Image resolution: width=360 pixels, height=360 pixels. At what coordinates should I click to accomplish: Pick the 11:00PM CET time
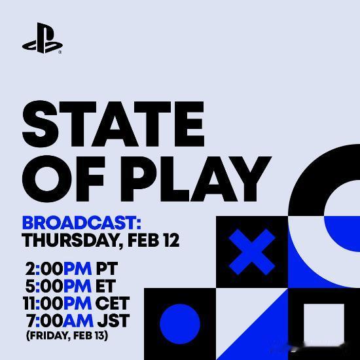(x=77, y=304)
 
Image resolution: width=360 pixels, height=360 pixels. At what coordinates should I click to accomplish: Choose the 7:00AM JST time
(x=78, y=321)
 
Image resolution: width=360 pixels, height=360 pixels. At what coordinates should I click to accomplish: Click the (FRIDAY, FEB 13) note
(x=67, y=336)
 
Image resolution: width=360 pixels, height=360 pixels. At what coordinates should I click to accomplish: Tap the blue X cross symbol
(x=252, y=252)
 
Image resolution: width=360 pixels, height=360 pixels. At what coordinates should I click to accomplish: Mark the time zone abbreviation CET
(x=113, y=304)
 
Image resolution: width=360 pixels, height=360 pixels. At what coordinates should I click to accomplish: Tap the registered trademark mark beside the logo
(x=60, y=52)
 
